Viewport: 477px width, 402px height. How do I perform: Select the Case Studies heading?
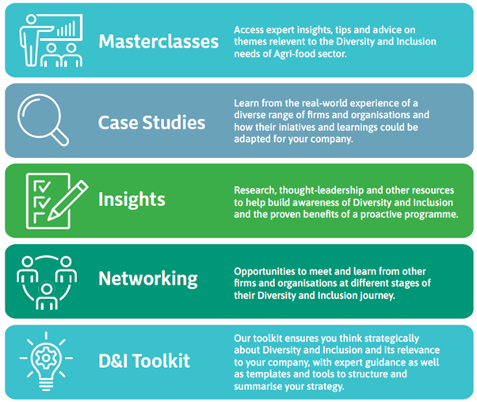coord(151,122)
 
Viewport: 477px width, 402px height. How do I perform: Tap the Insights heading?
coord(131,199)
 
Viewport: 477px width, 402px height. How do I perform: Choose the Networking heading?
coord(147,278)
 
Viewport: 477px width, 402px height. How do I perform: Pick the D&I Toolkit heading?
coord(144,362)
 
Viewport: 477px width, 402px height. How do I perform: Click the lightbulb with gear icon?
coord(47,361)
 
